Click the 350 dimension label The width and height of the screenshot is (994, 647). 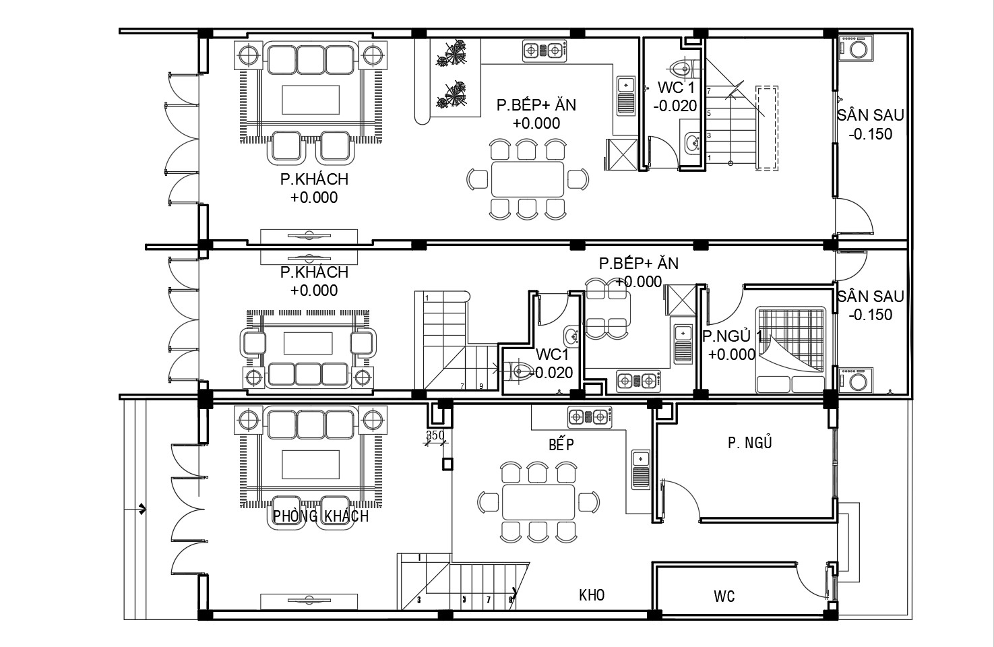coord(435,435)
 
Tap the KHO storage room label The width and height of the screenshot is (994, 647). coord(592,595)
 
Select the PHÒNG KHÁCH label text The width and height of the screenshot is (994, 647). coord(321,516)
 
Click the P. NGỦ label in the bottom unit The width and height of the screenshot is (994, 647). coord(750,442)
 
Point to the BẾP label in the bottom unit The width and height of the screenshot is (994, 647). coord(561,444)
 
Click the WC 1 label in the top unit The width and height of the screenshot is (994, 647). coord(676,88)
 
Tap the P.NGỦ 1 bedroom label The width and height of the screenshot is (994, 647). coord(732,336)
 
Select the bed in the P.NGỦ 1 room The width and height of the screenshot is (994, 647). coord(790,350)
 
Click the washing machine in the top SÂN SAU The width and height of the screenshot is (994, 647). coord(856,49)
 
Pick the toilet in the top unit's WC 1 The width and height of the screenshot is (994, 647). coord(684,69)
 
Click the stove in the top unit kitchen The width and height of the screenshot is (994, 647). coord(545,51)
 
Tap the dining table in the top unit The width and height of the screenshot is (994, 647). coord(528,179)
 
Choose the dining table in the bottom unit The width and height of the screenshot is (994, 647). coord(538,502)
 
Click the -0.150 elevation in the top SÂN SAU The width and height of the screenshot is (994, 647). coord(870,134)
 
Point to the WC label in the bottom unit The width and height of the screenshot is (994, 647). coord(724,596)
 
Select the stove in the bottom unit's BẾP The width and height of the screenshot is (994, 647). coord(590,417)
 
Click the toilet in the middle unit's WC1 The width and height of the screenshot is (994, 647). coord(519,370)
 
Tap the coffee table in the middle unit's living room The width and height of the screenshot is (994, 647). coord(308,343)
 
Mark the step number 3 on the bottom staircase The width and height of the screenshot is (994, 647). coord(419,600)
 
